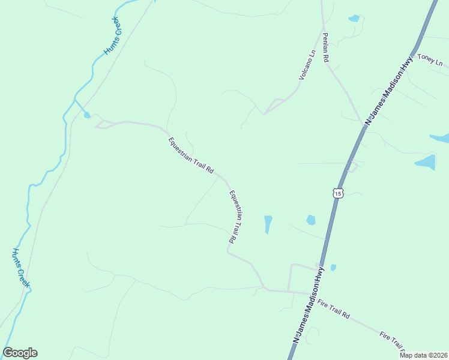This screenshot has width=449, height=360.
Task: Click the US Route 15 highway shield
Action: coord(337,193)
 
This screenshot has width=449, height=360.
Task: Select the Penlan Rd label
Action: coord(325,48)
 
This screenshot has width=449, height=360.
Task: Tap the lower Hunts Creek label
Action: coord(21,269)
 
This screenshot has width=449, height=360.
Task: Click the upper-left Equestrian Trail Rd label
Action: coord(191,155)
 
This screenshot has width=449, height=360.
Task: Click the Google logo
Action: coord(20,353)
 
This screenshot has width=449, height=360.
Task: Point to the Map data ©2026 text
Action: coord(422,355)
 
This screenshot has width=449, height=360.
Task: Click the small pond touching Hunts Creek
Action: coord(88,115)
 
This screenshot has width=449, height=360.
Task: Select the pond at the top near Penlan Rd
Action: coord(354,19)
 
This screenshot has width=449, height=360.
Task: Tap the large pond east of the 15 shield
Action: coord(425,162)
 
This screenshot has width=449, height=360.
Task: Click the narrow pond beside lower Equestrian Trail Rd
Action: coord(268,224)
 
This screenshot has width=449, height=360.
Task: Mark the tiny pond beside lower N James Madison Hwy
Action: coord(333,268)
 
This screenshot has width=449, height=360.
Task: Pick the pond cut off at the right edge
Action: coord(441,138)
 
